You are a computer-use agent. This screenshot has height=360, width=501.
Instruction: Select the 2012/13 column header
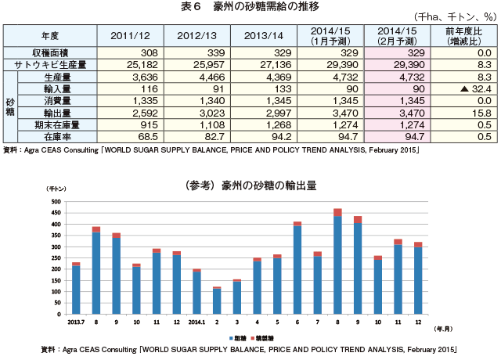tap(196, 35)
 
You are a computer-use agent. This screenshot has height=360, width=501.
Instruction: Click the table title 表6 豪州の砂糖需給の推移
tap(250, 7)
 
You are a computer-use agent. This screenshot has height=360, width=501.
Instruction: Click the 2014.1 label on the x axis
tap(196, 322)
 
